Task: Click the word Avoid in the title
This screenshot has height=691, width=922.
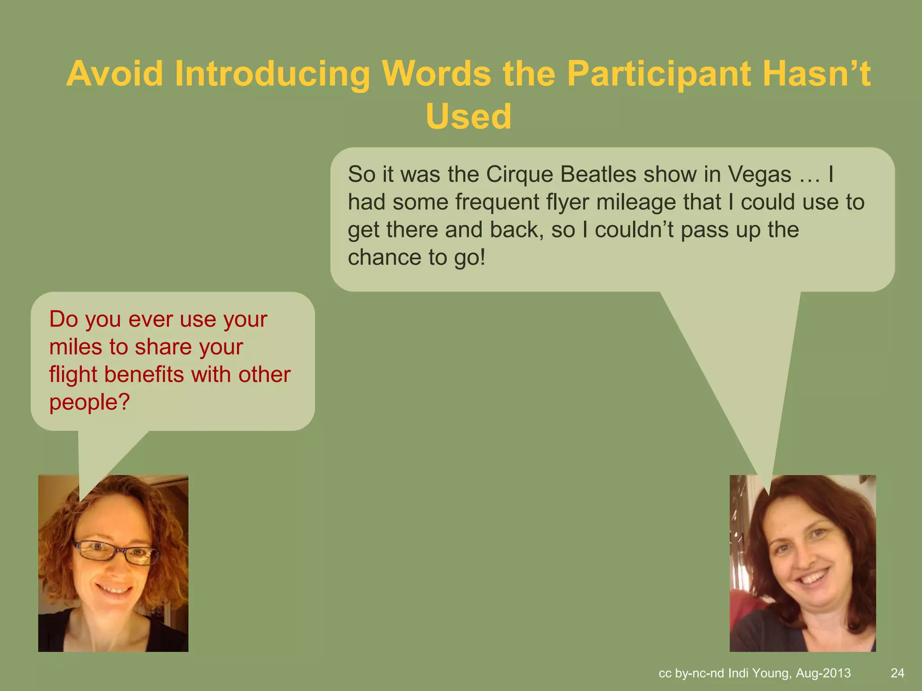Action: coord(115,73)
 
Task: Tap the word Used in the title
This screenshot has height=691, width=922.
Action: coord(468,117)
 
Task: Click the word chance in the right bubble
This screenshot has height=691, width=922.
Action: coord(384,257)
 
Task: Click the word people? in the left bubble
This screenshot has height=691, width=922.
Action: coord(89,402)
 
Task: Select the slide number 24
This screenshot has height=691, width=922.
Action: coord(897,673)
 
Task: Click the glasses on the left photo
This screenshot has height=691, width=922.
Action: coord(116,552)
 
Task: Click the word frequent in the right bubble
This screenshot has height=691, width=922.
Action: coord(497,202)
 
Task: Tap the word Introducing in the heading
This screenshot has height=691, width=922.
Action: coord(272,73)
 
